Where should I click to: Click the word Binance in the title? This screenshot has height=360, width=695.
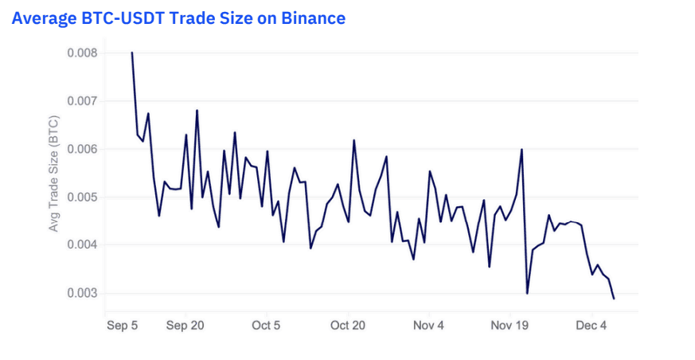coord(313,18)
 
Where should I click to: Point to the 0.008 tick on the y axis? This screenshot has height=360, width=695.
coord(81,53)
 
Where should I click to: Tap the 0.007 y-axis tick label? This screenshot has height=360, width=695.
coord(81,101)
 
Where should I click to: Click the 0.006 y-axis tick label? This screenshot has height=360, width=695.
coord(81,149)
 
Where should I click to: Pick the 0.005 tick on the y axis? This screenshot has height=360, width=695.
coord(81,197)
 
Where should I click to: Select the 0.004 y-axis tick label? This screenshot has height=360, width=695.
coord(81,245)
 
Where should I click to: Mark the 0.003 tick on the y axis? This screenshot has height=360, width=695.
coord(81,293)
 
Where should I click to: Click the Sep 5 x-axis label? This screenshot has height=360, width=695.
coord(123,325)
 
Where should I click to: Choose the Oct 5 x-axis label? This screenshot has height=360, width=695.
coord(266,325)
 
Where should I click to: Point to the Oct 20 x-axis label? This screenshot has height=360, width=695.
coord(348,325)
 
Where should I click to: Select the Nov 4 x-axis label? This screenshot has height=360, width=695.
coord(429,325)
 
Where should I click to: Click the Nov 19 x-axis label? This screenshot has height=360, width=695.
coord(510,325)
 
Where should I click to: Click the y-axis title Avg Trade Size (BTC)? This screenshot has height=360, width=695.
coord(55,173)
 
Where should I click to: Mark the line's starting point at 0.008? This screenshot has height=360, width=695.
coord(132,53)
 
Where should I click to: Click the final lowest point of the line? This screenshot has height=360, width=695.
coord(614,299)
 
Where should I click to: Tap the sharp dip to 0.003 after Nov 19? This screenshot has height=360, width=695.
coord(527,293)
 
